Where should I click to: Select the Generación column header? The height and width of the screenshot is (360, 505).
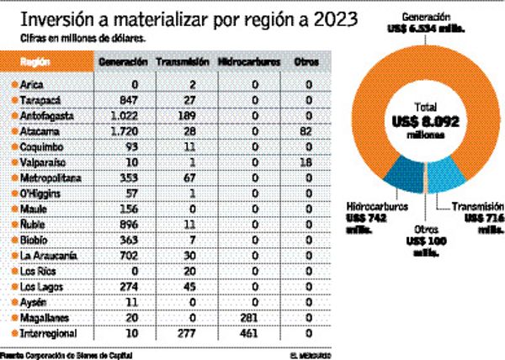click(123, 63)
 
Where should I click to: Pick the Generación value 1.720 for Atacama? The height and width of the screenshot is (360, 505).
click(123, 128)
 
